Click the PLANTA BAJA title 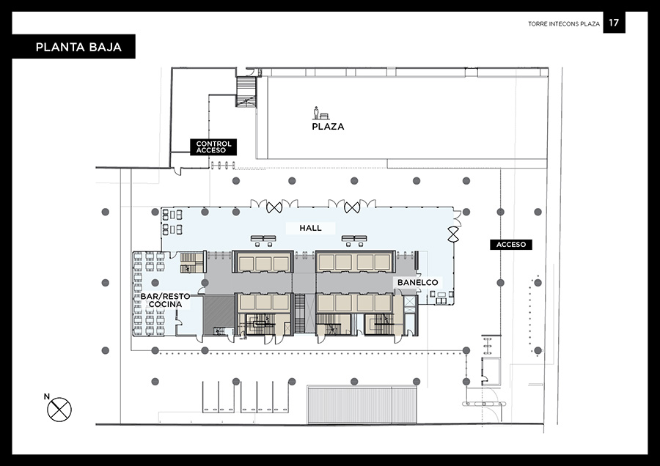coord(78,47)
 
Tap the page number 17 coord(614,23)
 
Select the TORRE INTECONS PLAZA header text coord(564,24)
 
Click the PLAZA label coord(328,127)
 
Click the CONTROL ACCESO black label coord(213,147)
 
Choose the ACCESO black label coord(511,244)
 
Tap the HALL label coord(311,228)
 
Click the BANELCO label coord(417,283)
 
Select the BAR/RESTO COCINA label coord(166,300)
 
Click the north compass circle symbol coord(59,410)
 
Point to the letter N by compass coord(47,396)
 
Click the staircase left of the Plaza coord(246,92)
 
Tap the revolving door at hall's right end coord(453,234)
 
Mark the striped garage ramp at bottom coord(362,404)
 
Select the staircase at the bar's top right coord(192,263)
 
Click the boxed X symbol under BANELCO coord(409,301)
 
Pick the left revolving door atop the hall coord(274,207)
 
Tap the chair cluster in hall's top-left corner coord(172,222)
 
